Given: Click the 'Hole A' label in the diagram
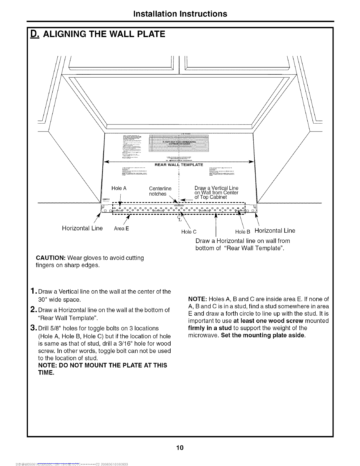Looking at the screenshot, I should tap(119, 188).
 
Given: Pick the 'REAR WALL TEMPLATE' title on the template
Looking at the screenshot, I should tap(179, 164).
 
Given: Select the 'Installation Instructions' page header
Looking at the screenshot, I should tap(180, 14).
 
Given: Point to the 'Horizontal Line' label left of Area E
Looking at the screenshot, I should tap(82, 228).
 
